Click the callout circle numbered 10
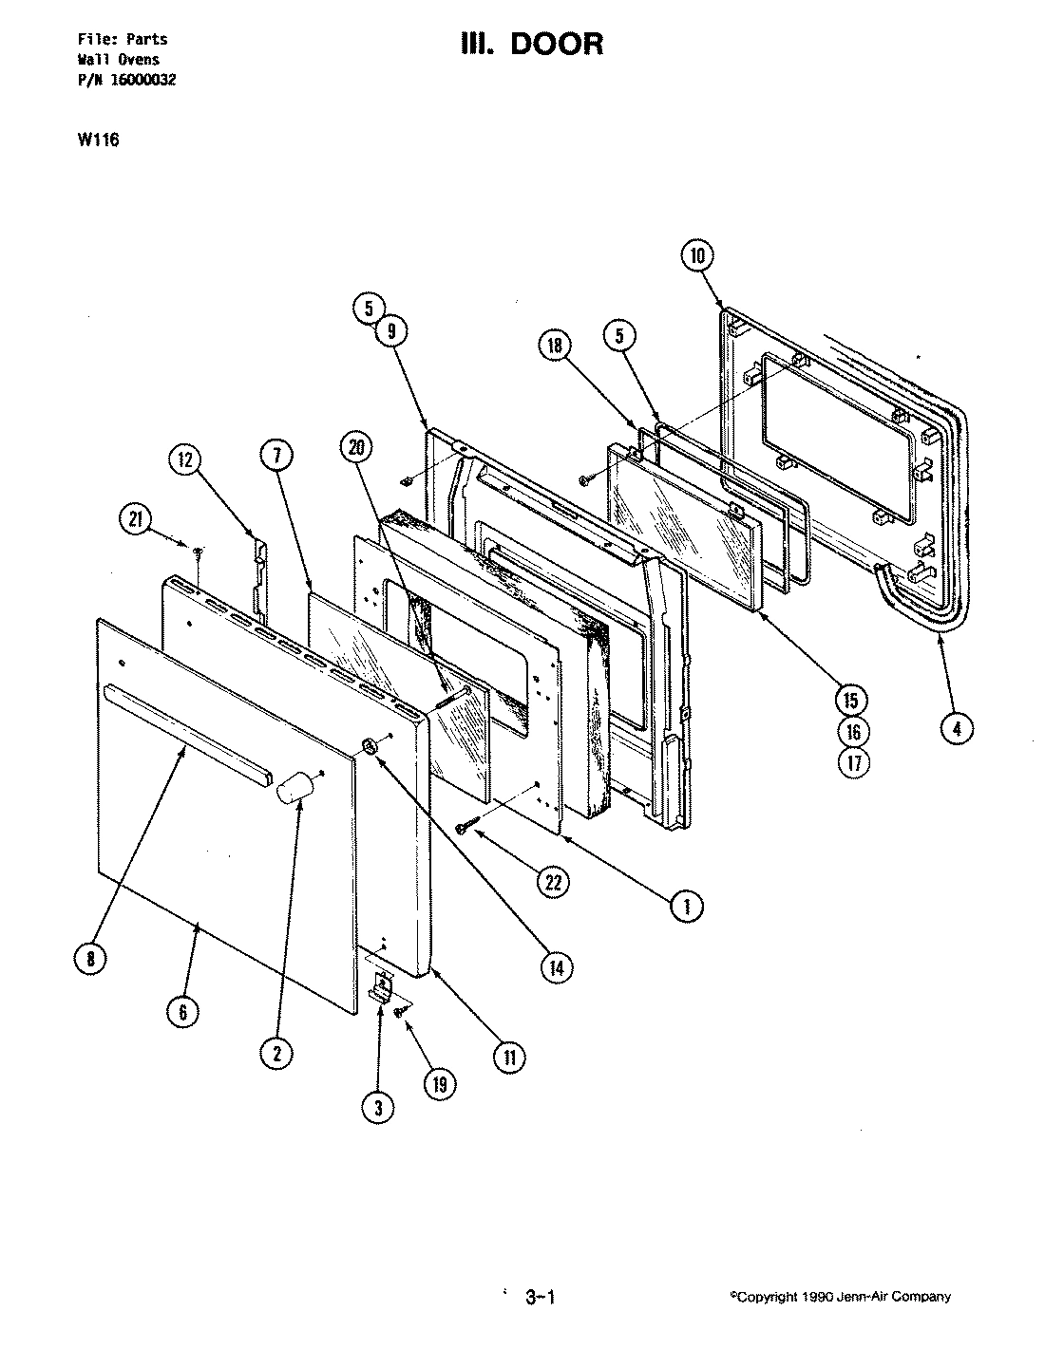(697, 255)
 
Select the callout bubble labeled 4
(957, 728)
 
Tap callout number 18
(555, 345)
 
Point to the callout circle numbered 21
(137, 518)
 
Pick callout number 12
(184, 460)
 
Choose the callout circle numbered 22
(551, 881)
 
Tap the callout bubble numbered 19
(439, 1084)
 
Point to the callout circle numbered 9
(389, 330)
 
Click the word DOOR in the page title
(558, 44)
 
